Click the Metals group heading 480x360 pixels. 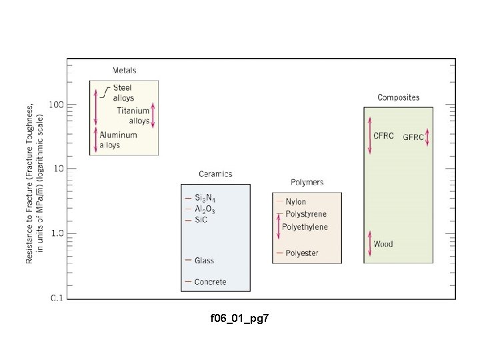(125, 70)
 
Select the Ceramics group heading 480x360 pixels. (215, 174)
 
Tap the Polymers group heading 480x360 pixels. (307, 182)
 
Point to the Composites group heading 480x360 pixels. (398, 97)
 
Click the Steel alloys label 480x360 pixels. (123, 93)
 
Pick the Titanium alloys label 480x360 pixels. (133, 115)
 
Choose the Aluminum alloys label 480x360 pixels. (118, 139)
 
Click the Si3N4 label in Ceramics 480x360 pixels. (205, 198)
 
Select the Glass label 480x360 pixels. (204, 261)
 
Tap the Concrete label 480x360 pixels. (210, 282)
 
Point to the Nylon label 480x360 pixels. (296, 201)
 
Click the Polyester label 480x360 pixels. (301, 253)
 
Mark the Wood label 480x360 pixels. (383, 244)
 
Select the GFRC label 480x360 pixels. (413, 137)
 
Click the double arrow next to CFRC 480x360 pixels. (369, 135)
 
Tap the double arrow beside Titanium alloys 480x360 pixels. (153, 115)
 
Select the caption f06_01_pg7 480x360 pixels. (239, 320)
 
